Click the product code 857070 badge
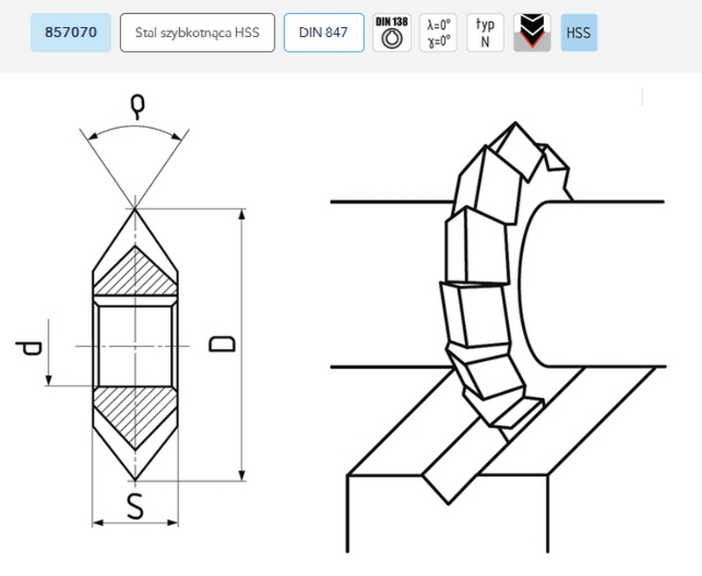coord(69,33)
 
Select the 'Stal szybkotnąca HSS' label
coord(197,33)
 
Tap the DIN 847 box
coord(324,33)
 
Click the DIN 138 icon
coord(391,33)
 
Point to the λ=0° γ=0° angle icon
coord(438,33)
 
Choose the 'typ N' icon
coord(485,33)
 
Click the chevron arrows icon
coord(532,33)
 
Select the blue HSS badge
coord(578,33)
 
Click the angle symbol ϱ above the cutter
coord(135,107)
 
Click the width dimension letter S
coord(135,508)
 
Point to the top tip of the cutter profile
coord(135,210)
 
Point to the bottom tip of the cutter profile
coord(135,480)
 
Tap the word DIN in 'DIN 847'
coord(312,33)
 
